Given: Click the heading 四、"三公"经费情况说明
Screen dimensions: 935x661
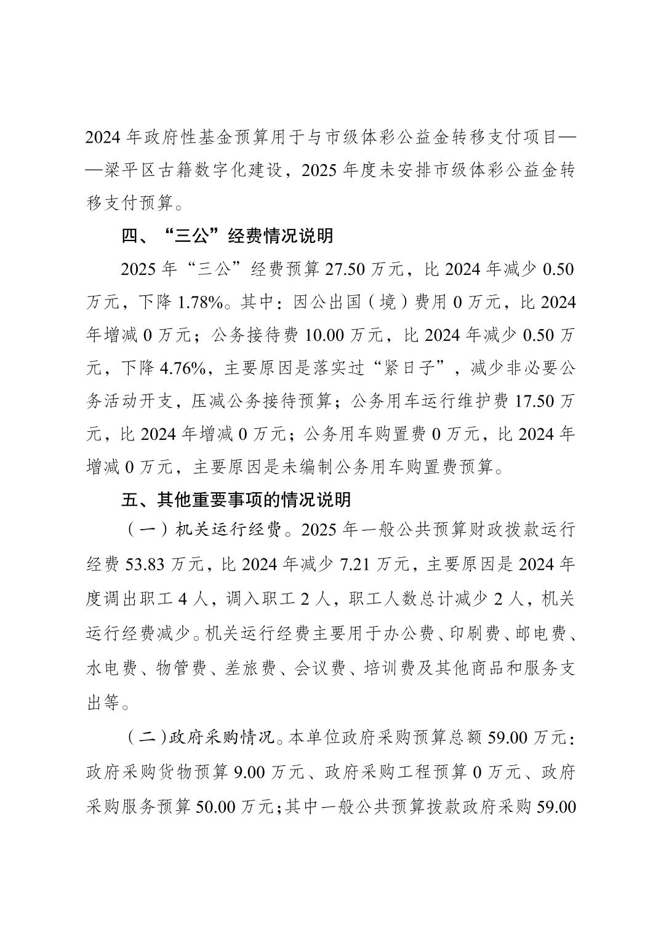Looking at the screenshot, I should pos(227,236).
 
